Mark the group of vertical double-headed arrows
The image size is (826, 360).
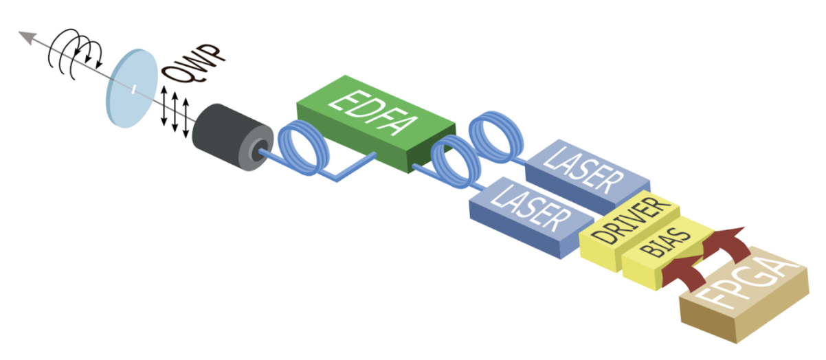[175, 110]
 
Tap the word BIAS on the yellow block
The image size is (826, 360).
[660, 251]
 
